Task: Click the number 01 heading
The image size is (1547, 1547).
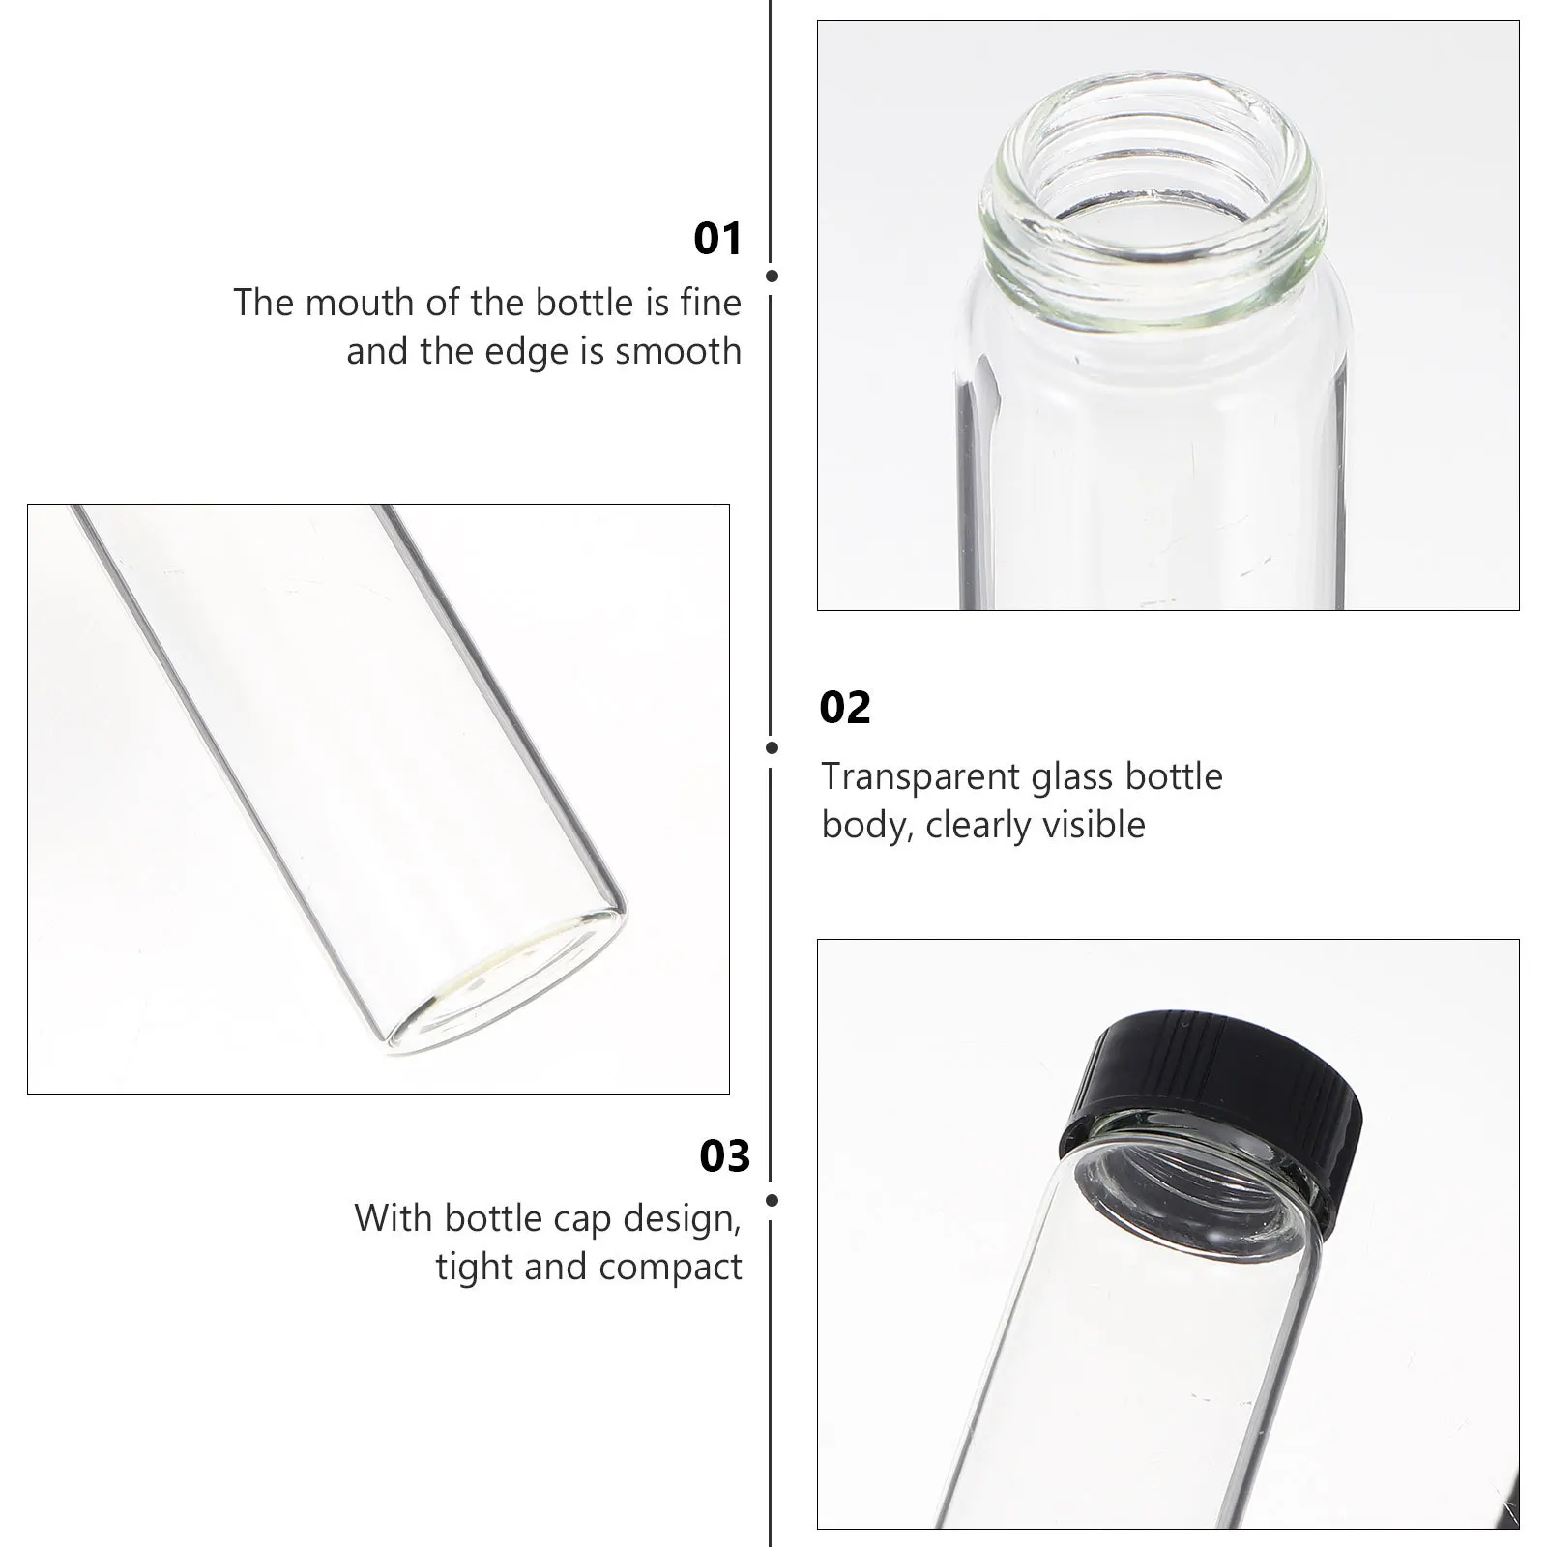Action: (717, 239)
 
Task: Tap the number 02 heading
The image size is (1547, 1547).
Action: (845, 708)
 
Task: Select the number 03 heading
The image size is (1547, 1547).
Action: (724, 1156)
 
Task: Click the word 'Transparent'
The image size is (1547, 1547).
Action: (919, 776)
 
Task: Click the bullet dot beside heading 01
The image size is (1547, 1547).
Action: (772, 277)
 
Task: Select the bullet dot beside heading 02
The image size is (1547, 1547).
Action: (772, 747)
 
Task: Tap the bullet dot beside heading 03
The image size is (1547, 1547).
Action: (772, 1201)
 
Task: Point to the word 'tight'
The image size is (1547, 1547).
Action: (476, 1268)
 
